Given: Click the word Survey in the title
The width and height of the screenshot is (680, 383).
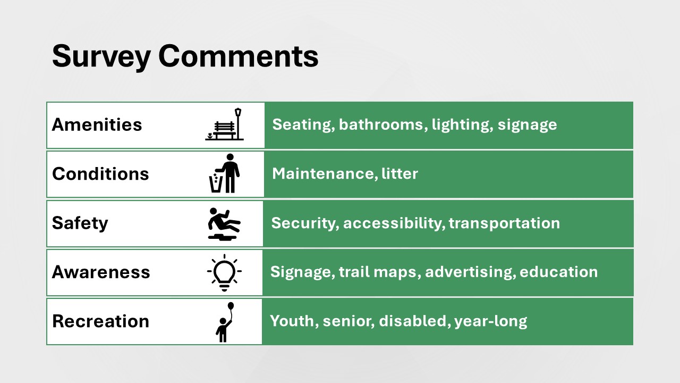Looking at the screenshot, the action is click(x=101, y=57).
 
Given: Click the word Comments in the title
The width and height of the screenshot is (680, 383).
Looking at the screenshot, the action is click(x=239, y=56).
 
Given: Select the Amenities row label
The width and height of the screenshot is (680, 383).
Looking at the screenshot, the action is click(x=97, y=124).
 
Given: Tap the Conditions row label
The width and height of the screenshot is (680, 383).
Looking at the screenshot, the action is click(x=100, y=174).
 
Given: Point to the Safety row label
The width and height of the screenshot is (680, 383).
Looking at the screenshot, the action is click(x=80, y=223).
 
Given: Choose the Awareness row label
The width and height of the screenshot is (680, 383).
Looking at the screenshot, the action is click(x=101, y=272).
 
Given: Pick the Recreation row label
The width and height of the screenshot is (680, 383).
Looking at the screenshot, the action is click(x=101, y=321).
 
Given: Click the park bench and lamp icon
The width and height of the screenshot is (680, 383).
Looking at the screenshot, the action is click(x=224, y=124).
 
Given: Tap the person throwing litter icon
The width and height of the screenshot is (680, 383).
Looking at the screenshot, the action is click(x=224, y=173).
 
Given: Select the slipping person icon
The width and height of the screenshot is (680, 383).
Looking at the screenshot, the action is click(x=224, y=224).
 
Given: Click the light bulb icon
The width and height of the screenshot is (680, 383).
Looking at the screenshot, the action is click(x=224, y=273).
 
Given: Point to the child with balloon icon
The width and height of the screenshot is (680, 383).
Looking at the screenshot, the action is click(x=225, y=322).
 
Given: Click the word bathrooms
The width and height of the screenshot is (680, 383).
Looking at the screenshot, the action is click(x=381, y=124).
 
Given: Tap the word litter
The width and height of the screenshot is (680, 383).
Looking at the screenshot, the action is click(x=399, y=173).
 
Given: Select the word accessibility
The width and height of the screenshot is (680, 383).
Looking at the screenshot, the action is click(x=392, y=223).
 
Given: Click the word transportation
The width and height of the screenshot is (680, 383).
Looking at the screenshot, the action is click(x=504, y=223).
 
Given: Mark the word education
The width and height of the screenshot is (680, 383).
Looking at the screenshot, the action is click(x=558, y=272).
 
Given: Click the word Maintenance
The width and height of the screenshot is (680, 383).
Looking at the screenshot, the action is click(x=323, y=173).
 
